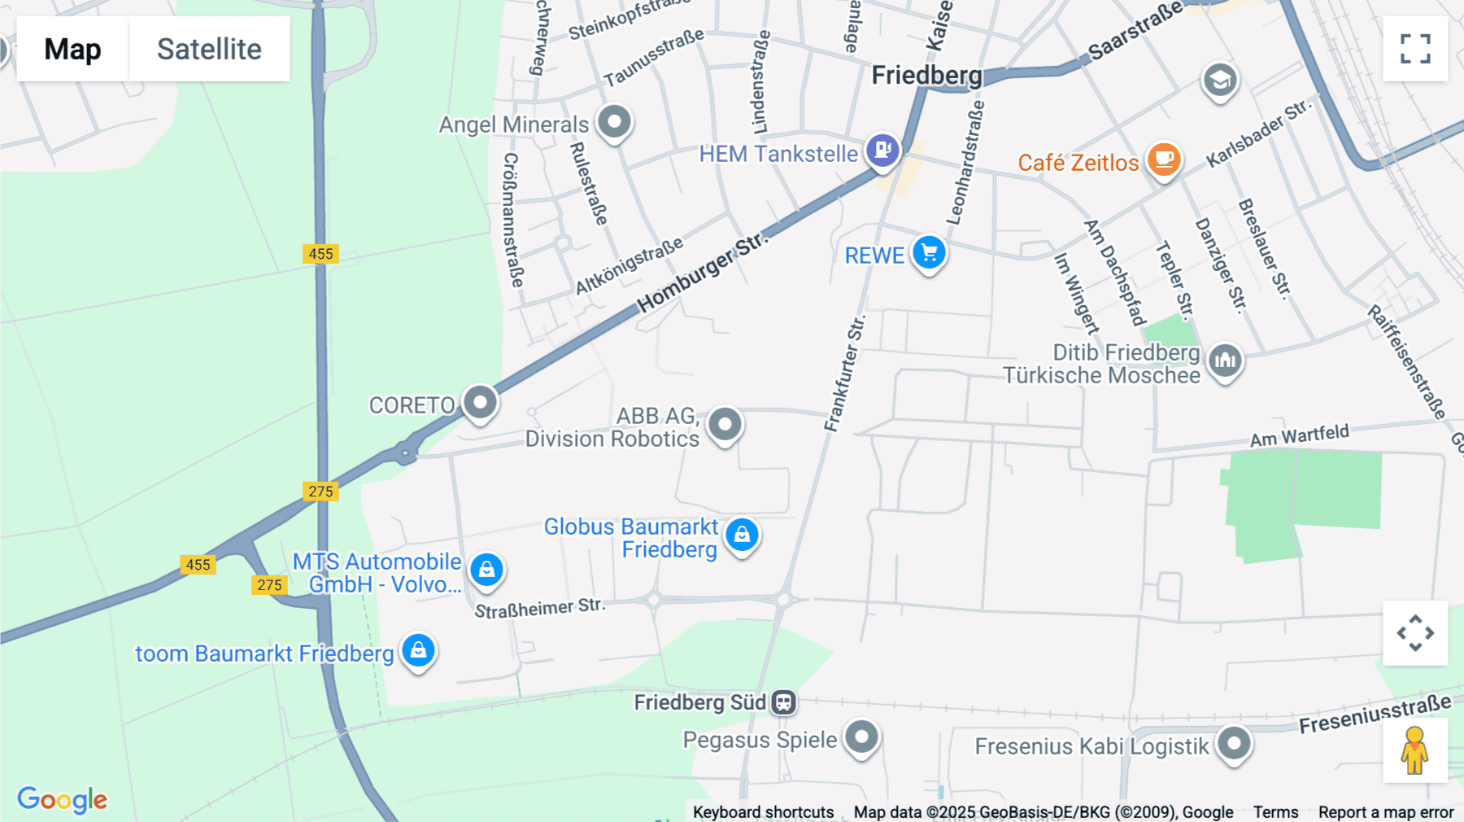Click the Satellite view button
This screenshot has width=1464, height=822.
[209, 49]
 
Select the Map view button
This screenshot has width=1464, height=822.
[72, 49]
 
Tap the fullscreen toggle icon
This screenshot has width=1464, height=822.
[1415, 49]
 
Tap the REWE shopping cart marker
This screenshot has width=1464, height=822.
[929, 252]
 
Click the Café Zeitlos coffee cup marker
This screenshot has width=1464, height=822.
[1164, 159]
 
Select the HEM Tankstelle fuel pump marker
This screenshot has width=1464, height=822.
[882, 150]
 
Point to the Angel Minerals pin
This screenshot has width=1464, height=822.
[615, 123]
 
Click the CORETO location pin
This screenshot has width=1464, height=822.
[481, 402]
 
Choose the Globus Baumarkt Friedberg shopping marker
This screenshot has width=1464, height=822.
[742, 536]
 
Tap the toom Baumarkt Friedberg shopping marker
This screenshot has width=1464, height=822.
[419, 651]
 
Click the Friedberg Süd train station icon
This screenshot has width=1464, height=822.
[783, 702]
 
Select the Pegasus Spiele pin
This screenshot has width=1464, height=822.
[862, 737]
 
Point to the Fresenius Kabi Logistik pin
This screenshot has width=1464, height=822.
[1235, 743]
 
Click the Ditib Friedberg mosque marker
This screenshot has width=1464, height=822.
[1225, 360]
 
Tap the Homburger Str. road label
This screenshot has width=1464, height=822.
[701, 273]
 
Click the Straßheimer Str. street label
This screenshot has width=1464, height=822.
[540, 608]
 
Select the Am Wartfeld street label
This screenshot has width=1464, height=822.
[1299, 435]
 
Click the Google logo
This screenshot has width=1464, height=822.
[63, 799]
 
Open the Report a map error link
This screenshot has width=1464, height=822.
[1386, 812]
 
